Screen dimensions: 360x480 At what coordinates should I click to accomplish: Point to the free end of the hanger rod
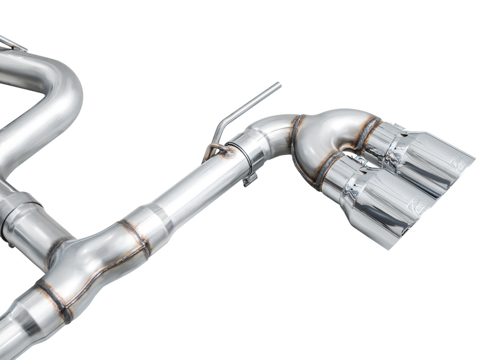click(x=278, y=85)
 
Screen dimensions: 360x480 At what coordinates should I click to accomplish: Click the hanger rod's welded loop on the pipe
click(x=217, y=149)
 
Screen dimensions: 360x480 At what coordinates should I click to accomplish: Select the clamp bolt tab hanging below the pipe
click(x=249, y=179)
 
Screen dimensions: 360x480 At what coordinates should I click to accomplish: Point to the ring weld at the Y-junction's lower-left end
click(x=54, y=300)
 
